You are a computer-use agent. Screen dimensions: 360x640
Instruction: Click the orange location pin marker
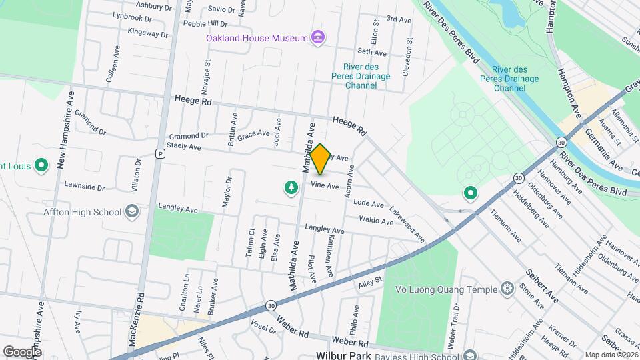[320, 159]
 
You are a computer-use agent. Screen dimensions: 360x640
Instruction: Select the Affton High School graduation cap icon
[132, 213]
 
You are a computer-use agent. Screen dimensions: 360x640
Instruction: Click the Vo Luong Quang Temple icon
[508, 289]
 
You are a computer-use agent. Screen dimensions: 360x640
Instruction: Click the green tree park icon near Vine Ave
[291, 189]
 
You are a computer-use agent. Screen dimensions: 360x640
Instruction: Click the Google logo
[22, 351]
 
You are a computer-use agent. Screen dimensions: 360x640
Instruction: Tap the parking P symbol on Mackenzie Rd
[159, 153]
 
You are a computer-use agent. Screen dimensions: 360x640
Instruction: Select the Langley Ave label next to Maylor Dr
[178, 208]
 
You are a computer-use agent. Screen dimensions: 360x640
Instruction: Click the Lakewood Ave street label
[408, 223]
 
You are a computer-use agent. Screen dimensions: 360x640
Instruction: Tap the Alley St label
[371, 283]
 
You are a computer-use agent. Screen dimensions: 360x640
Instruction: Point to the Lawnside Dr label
[85, 187]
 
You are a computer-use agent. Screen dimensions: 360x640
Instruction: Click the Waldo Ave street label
[376, 220]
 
